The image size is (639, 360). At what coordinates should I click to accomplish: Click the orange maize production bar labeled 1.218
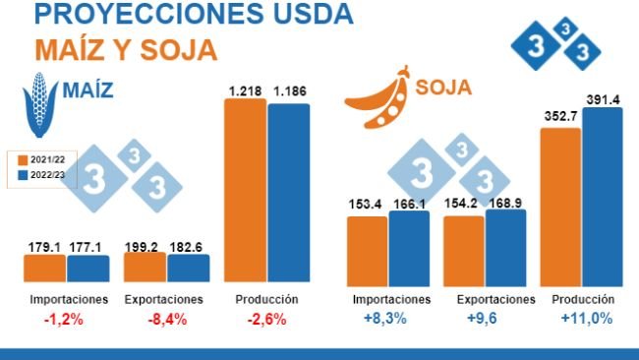tap(246, 191)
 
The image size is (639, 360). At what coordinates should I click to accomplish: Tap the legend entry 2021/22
tap(42, 158)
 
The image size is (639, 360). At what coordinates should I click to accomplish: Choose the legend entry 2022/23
tap(42, 175)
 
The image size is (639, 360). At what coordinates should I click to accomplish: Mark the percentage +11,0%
tap(586, 319)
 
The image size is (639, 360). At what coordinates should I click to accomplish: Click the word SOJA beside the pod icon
tap(443, 89)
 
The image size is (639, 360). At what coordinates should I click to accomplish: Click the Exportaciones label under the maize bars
tap(164, 299)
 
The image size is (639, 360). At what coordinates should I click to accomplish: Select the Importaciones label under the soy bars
tap(391, 299)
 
